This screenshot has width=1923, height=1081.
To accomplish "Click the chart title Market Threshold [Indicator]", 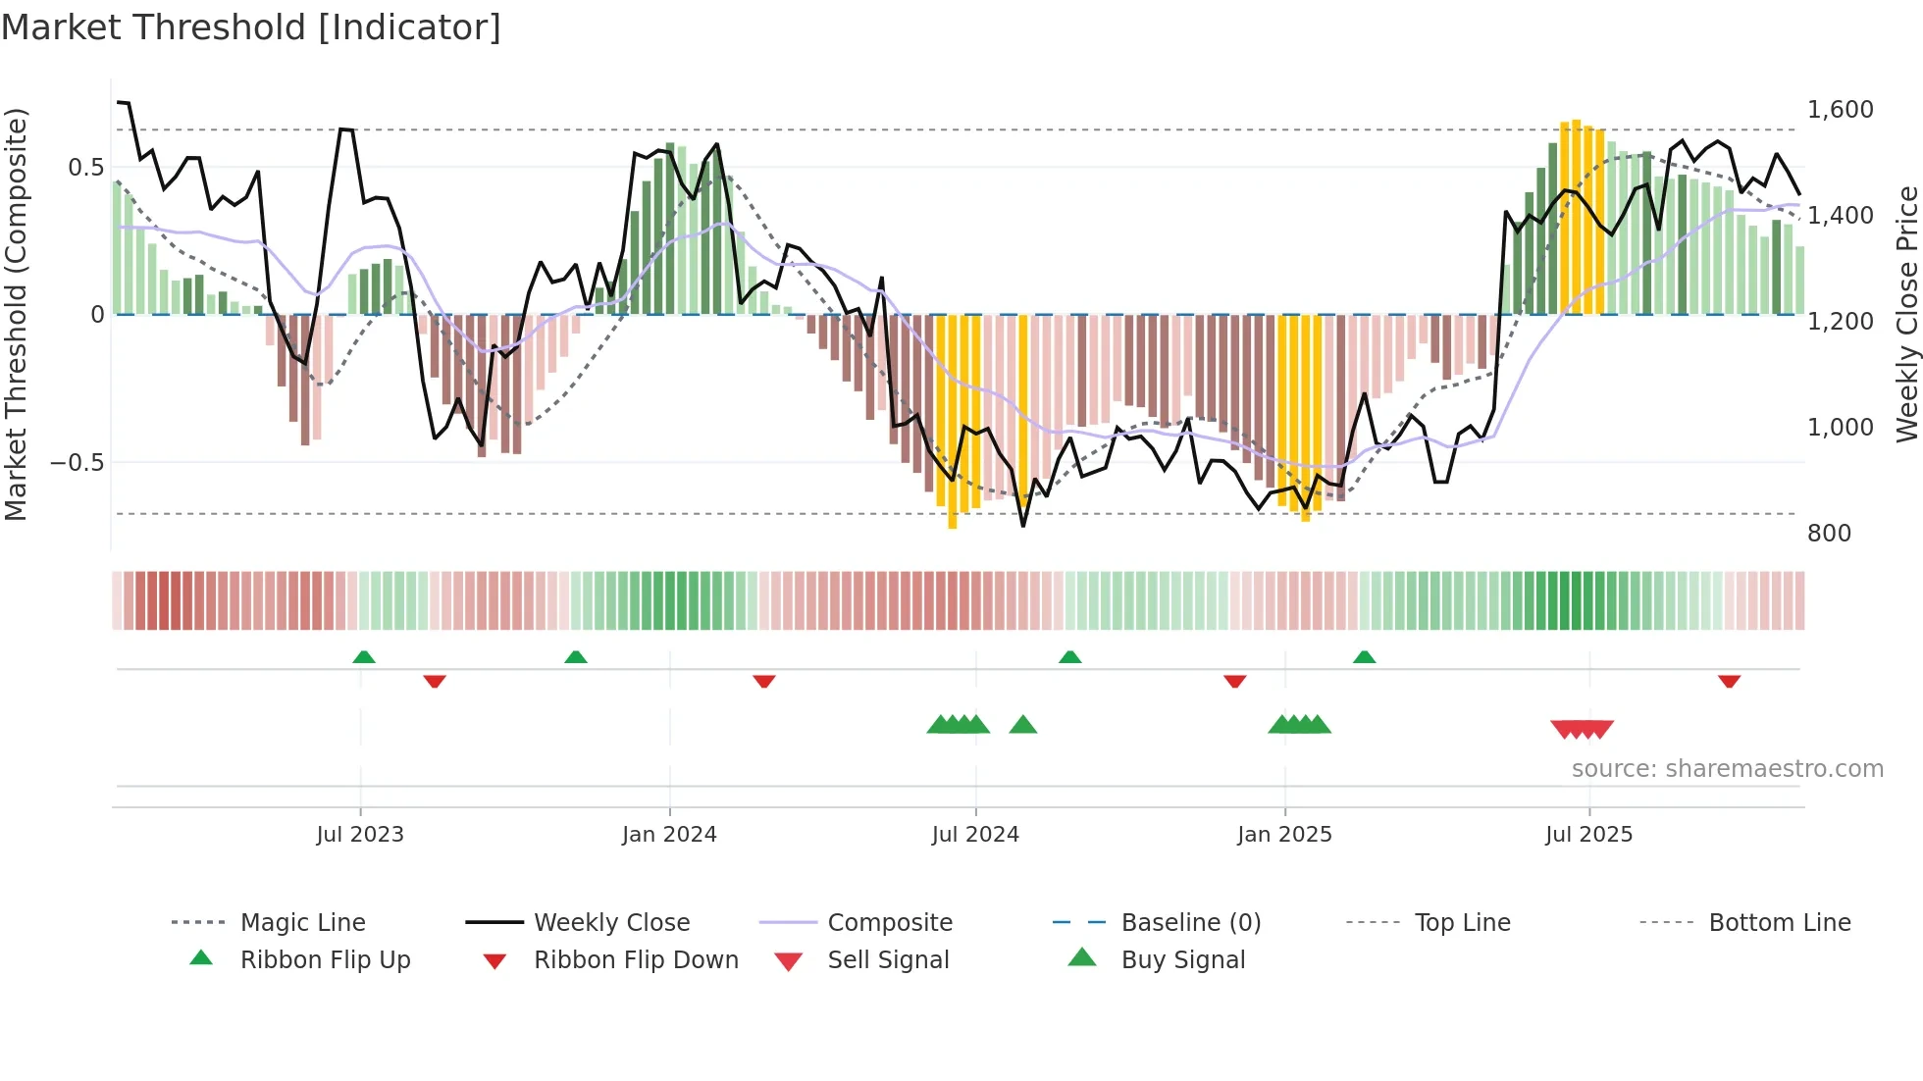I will (x=251, y=27).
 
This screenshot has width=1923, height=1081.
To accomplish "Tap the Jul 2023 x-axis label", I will (x=360, y=835).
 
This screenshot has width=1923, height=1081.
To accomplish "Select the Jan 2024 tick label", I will (x=669, y=835).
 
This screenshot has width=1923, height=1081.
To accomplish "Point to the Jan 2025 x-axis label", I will (x=1284, y=835).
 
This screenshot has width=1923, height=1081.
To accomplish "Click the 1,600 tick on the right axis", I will (x=1841, y=110).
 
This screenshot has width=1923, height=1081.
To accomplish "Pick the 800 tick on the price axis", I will (x=1829, y=534).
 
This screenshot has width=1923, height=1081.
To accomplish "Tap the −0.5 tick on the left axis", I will (x=78, y=463).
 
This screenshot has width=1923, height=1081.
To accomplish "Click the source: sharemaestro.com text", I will (x=1727, y=769).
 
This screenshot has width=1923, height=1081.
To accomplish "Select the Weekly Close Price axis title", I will (x=1906, y=314).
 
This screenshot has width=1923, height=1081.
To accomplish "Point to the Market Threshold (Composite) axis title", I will (x=16, y=314).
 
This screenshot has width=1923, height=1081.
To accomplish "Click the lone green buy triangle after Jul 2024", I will (x=1023, y=725).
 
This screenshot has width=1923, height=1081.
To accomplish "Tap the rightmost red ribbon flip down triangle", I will (x=1729, y=681).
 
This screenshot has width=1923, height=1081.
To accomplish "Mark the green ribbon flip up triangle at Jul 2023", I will (x=364, y=656).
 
